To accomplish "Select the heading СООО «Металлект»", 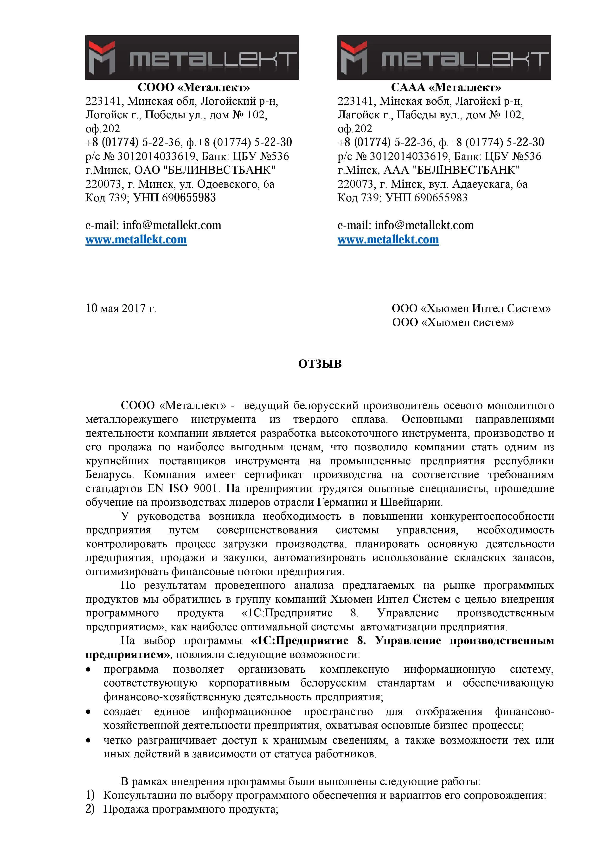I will tap(193, 88).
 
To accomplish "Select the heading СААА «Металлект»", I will tap(446, 88).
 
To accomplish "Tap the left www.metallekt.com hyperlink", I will tap(136, 240).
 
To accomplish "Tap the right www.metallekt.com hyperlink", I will tap(388, 240).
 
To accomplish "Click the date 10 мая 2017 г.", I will tap(121, 308).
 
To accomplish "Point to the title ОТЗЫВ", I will tap(320, 364).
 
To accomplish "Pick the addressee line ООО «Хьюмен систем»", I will tap(453, 322).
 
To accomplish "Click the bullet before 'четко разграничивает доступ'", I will tap(88, 740).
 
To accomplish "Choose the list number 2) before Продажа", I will tap(90, 809).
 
